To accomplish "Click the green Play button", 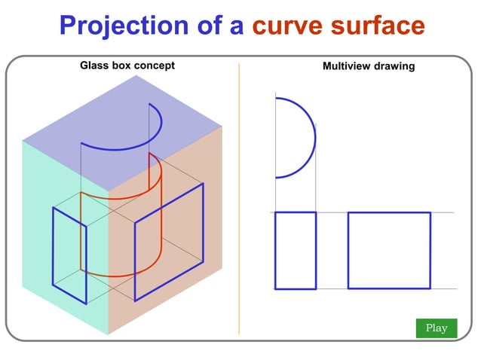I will [437, 328].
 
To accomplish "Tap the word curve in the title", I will [285, 26].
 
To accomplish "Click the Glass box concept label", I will [127, 66].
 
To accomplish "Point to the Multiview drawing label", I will [369, 66].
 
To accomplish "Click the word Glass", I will [94, 66].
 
